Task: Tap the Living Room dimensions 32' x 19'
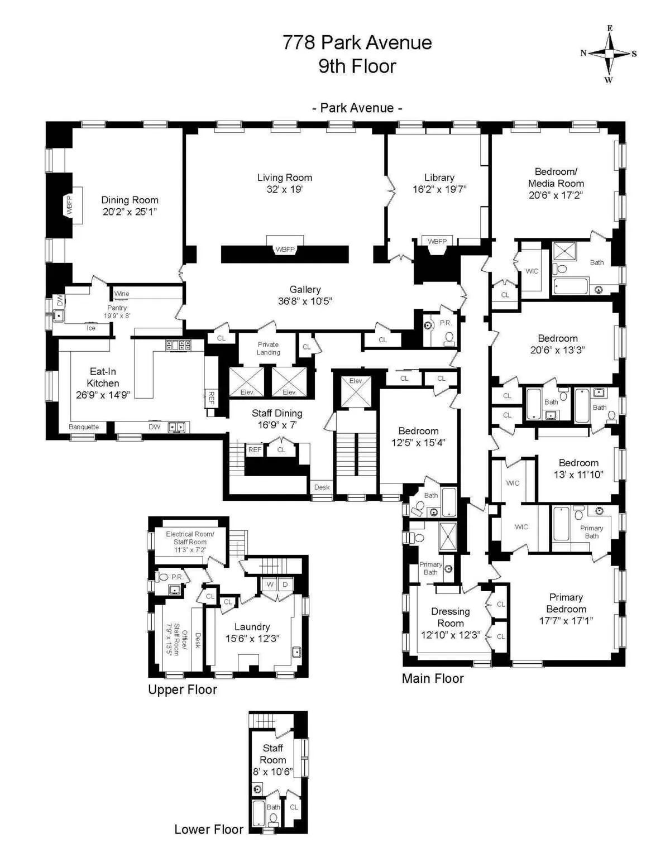click(x=284, y=190)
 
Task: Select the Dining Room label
click(x=130, y=200)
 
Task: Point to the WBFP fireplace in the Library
click(x=437, y=242)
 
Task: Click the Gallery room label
click(x=305, y=289)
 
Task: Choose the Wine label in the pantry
click(x=122, y=294)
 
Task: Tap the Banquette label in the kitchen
click(x=84, y=427)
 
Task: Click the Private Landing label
click(x=268, y=348)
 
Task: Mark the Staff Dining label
click(x=277, y=413)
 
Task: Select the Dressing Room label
click(x=451, y=617)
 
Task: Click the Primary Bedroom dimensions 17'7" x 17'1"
click(x=566, y=621)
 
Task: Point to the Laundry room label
click(x=252, y=627)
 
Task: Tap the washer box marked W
click(x=270, y=585)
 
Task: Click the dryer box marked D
click(x=285, y=585)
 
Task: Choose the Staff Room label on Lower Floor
click(x=273, y=754)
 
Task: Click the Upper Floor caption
click(x=183, y=689)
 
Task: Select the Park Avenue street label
click(x=357, y=108)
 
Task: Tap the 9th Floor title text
click(x=357, y=66)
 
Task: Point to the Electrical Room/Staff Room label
click(x=190, y=538)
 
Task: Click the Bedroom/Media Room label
click(x=556, y=178)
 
